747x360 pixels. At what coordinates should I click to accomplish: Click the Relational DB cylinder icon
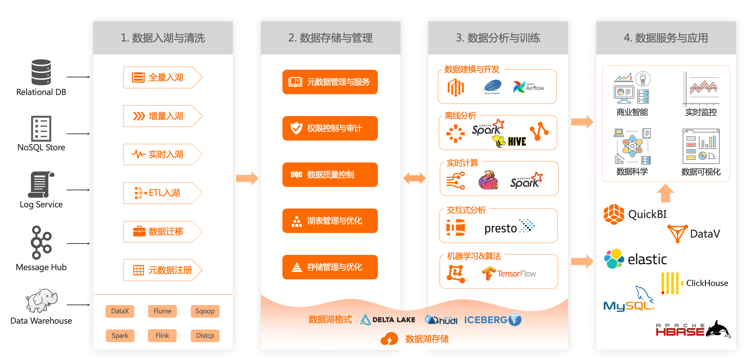[x=41, y=72]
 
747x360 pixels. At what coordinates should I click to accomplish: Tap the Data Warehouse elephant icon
[x=41, y=300]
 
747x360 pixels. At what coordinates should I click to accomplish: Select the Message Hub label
[x=41, y=267]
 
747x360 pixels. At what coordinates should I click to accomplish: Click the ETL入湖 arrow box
[x=162, y=193]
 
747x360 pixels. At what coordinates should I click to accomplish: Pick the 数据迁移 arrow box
[x=162, y=232]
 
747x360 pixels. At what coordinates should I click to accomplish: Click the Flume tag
[x=162, y=311]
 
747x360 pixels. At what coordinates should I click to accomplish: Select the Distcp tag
[x=205, y=335]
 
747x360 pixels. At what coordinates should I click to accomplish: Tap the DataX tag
[x=120, y=311]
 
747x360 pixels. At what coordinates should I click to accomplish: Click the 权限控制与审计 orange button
[x=330, y=128]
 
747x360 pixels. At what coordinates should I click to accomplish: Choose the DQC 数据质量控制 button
[x=330, y=175]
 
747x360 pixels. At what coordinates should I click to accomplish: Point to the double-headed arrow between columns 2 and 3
[x=414, y=178]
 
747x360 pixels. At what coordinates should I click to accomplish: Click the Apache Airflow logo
[x=529, y=87]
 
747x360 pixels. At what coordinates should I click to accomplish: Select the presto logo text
[x=501, y=228]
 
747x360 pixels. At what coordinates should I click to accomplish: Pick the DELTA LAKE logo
[x=387, y=320]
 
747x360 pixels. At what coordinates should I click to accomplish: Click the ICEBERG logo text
[x=486, y=320]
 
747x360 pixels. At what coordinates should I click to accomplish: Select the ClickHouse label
[x=707, y=283]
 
